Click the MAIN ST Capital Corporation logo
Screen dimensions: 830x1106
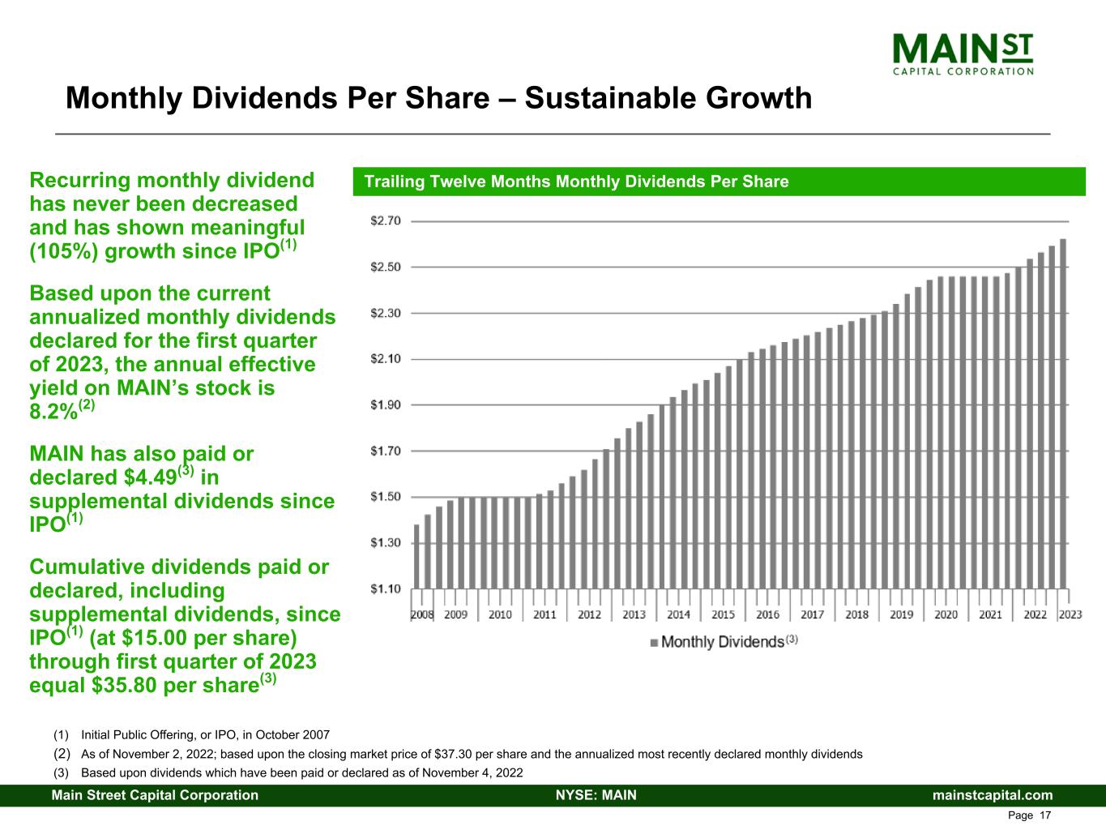point(963,53)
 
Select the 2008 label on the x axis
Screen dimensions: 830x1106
point(422,614)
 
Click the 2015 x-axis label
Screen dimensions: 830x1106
point(723,614)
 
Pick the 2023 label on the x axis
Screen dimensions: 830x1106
point(1070,614)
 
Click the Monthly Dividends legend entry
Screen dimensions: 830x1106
point(724,642)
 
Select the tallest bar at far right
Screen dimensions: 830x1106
point(1062,413)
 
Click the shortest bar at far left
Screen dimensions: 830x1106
point(416,557)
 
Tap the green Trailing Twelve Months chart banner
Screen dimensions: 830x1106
point(719,182)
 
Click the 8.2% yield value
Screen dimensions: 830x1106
point(53,412)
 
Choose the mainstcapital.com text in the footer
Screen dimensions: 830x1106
point(993,795)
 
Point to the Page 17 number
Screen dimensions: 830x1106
point(1029,815)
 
